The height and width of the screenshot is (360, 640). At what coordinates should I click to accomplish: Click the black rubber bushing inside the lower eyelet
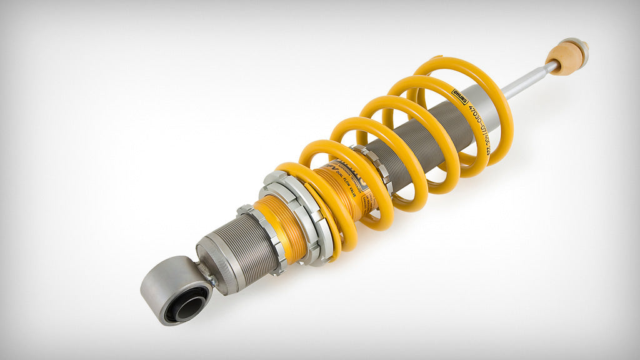point(187,307)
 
